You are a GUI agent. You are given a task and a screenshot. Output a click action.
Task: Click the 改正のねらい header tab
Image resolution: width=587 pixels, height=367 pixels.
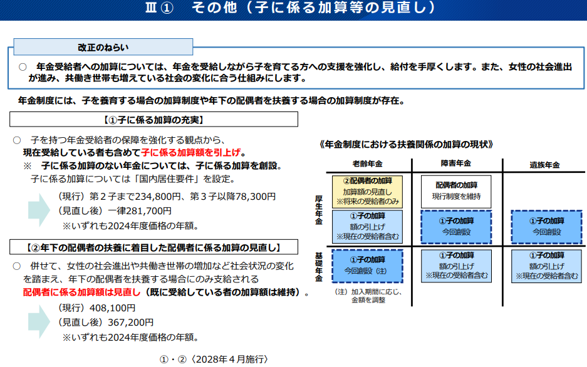click(103, 47)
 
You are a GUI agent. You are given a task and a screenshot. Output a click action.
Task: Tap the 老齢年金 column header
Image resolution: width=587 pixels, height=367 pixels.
click(367, 164)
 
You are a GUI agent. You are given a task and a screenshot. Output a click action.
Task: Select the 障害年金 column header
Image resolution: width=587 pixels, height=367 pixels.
click(455, 163)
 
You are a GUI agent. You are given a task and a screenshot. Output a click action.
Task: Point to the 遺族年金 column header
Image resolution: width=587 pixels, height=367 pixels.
click(544, 165)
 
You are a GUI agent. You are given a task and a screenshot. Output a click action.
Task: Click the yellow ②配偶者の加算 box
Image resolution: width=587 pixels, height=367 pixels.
click(367, 192)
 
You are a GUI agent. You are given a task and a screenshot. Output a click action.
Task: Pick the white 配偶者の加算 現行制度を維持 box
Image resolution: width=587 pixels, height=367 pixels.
click(456, 192)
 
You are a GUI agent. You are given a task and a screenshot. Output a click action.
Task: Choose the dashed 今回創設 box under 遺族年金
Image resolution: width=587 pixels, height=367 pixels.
click(546, 227)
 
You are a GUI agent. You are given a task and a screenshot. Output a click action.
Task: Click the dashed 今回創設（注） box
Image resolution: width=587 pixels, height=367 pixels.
click(367, 266)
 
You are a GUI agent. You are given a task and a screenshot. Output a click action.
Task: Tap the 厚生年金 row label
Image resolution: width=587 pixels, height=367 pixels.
click(319, 210)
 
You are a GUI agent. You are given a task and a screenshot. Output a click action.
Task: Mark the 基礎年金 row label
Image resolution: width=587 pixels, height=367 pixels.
click(319, 267)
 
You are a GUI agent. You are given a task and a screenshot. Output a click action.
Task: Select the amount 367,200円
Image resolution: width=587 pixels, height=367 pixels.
click(131, 322)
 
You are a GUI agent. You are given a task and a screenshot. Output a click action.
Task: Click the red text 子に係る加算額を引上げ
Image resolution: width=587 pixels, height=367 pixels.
click(191, 153)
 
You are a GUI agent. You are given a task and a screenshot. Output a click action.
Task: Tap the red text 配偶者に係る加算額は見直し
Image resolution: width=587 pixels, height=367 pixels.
click(81, 292)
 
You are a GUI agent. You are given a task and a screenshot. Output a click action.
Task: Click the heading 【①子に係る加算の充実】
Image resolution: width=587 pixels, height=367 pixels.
click(154, 120)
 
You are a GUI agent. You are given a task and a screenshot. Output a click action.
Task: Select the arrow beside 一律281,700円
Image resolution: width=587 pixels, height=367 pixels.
click(39, 210)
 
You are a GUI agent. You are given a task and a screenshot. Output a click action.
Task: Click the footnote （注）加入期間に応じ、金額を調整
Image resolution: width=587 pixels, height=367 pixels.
click(368, 296)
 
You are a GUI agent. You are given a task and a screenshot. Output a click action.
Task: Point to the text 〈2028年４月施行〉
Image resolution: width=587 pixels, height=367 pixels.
click(229, 359)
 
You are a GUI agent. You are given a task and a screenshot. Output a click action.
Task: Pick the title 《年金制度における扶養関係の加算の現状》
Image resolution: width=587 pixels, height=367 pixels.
click(406, 145)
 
